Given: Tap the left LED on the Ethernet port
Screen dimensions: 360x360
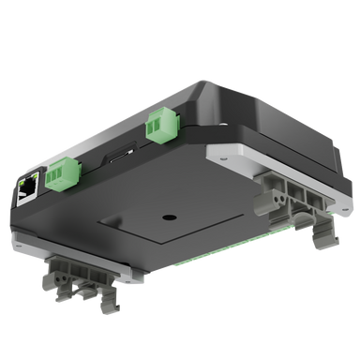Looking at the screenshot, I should (x=22, y=178).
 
